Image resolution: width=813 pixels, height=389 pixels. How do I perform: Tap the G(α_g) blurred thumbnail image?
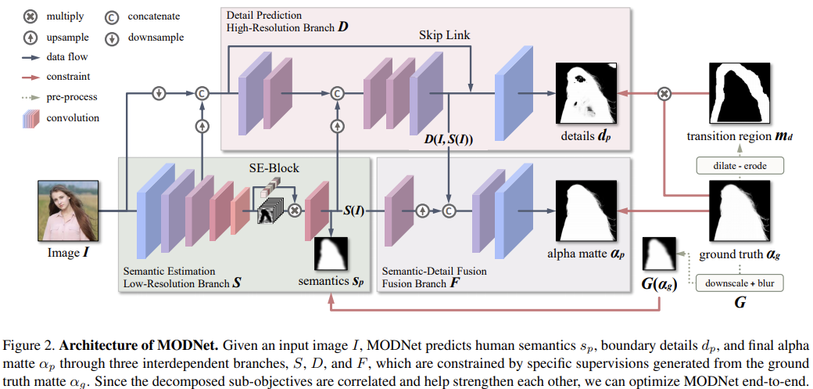(657, 255)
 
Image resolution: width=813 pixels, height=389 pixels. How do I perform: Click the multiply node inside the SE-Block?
(295, 210)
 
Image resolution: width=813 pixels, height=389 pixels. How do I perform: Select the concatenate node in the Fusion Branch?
(449, 210)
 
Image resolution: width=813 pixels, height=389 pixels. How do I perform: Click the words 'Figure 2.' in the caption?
(31, 345)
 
